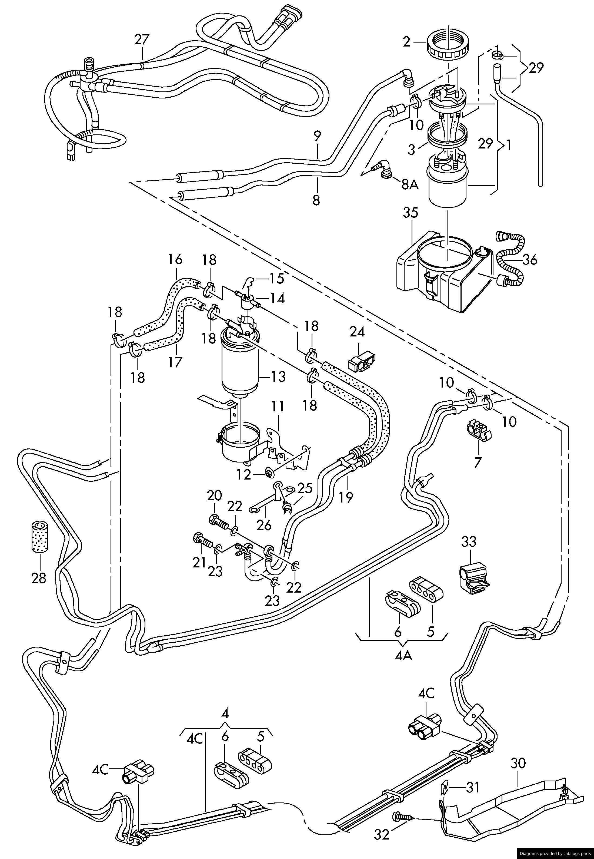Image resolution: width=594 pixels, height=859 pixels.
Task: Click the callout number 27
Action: (142, 39)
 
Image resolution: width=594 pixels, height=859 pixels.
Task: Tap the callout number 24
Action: (357, 332)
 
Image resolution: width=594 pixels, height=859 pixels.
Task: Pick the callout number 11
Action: (278, 407)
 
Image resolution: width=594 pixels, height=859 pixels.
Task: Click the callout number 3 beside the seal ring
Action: (411, 150)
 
